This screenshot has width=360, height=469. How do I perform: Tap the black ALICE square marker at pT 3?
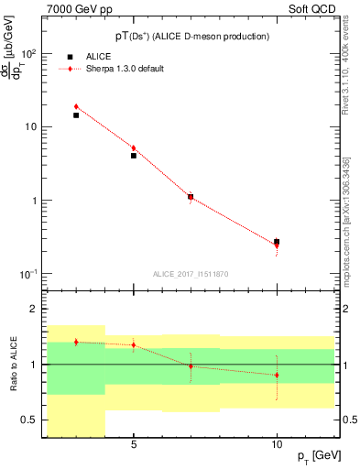(76, 115)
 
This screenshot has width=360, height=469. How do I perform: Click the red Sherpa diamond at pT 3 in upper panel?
(76, 107)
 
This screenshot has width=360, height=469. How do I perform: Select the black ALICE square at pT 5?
(134, 156)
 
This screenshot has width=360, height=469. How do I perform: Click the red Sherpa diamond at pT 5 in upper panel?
(134, 147)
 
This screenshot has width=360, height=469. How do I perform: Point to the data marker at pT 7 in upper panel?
(191, 197)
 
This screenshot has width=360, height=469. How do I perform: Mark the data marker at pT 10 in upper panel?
(277, 243)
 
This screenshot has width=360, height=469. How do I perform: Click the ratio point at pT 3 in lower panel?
(76, 342)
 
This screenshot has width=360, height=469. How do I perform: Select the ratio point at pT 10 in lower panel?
(277, 375)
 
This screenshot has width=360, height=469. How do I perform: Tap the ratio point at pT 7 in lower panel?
(191, 365)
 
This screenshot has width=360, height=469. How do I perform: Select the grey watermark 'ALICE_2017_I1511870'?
(191, 274)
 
